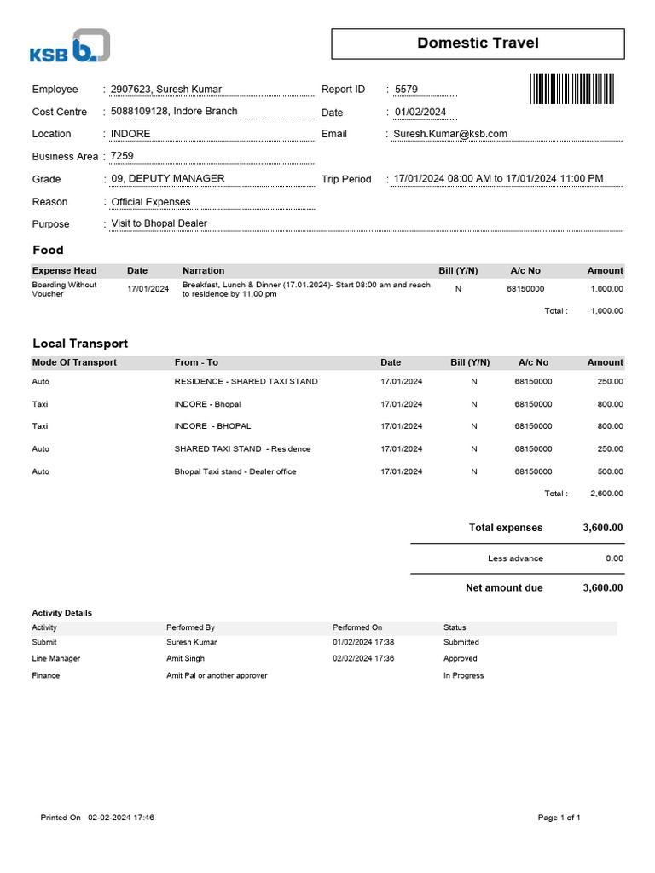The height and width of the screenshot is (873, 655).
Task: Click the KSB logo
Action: click(70, 46)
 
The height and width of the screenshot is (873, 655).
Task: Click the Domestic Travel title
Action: click(478, 43)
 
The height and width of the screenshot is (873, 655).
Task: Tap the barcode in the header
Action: click(571, 89)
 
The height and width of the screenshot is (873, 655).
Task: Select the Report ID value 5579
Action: click(406, 90)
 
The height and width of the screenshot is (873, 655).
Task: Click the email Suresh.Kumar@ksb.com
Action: click(450, 134)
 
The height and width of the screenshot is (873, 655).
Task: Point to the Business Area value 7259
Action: click(122, 156)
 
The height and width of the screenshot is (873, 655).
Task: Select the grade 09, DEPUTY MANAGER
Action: click(168, 179)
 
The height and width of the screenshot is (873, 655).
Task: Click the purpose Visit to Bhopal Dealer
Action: click(159, 224)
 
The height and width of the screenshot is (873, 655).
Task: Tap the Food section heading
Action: click(48, 251)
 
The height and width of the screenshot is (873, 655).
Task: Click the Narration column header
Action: click(204, 271)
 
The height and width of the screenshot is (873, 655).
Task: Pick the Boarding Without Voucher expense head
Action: click(65, 289)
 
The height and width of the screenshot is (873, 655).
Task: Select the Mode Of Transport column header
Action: click(74, 363)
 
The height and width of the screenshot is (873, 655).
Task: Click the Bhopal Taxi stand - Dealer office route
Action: click(235, 471)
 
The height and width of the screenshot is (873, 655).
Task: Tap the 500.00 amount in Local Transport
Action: click(609, 471)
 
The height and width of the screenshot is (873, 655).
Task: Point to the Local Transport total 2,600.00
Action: click(606, 494)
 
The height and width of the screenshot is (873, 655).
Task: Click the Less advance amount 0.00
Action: click(613, 558)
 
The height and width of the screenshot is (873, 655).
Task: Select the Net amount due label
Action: click(504, 588)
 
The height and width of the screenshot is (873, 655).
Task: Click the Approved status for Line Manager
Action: click(461, 659)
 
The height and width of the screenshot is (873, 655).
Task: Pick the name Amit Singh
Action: click(185, 659)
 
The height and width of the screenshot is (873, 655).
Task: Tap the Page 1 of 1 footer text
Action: click(559, 818)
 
